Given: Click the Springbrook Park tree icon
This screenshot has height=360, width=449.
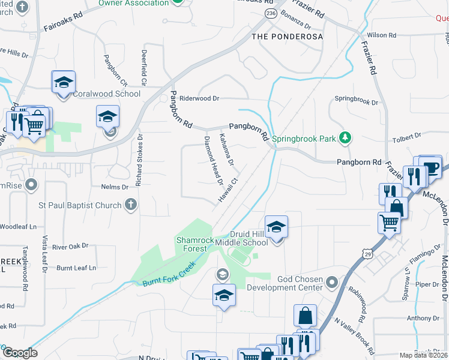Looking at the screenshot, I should (345, 138).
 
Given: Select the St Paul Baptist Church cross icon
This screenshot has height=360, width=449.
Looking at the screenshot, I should (130, 205).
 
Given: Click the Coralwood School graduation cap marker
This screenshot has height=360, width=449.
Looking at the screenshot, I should (62, 84).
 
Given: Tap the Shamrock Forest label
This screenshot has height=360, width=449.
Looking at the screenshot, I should (195, 244).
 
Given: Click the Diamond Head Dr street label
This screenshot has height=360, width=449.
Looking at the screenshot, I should (214, 160).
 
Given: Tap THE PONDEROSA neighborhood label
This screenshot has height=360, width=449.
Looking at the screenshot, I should (287, 37).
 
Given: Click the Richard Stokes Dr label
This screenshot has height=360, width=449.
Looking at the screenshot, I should (139, 159).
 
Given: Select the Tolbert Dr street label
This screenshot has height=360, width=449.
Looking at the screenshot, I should (406, 137).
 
